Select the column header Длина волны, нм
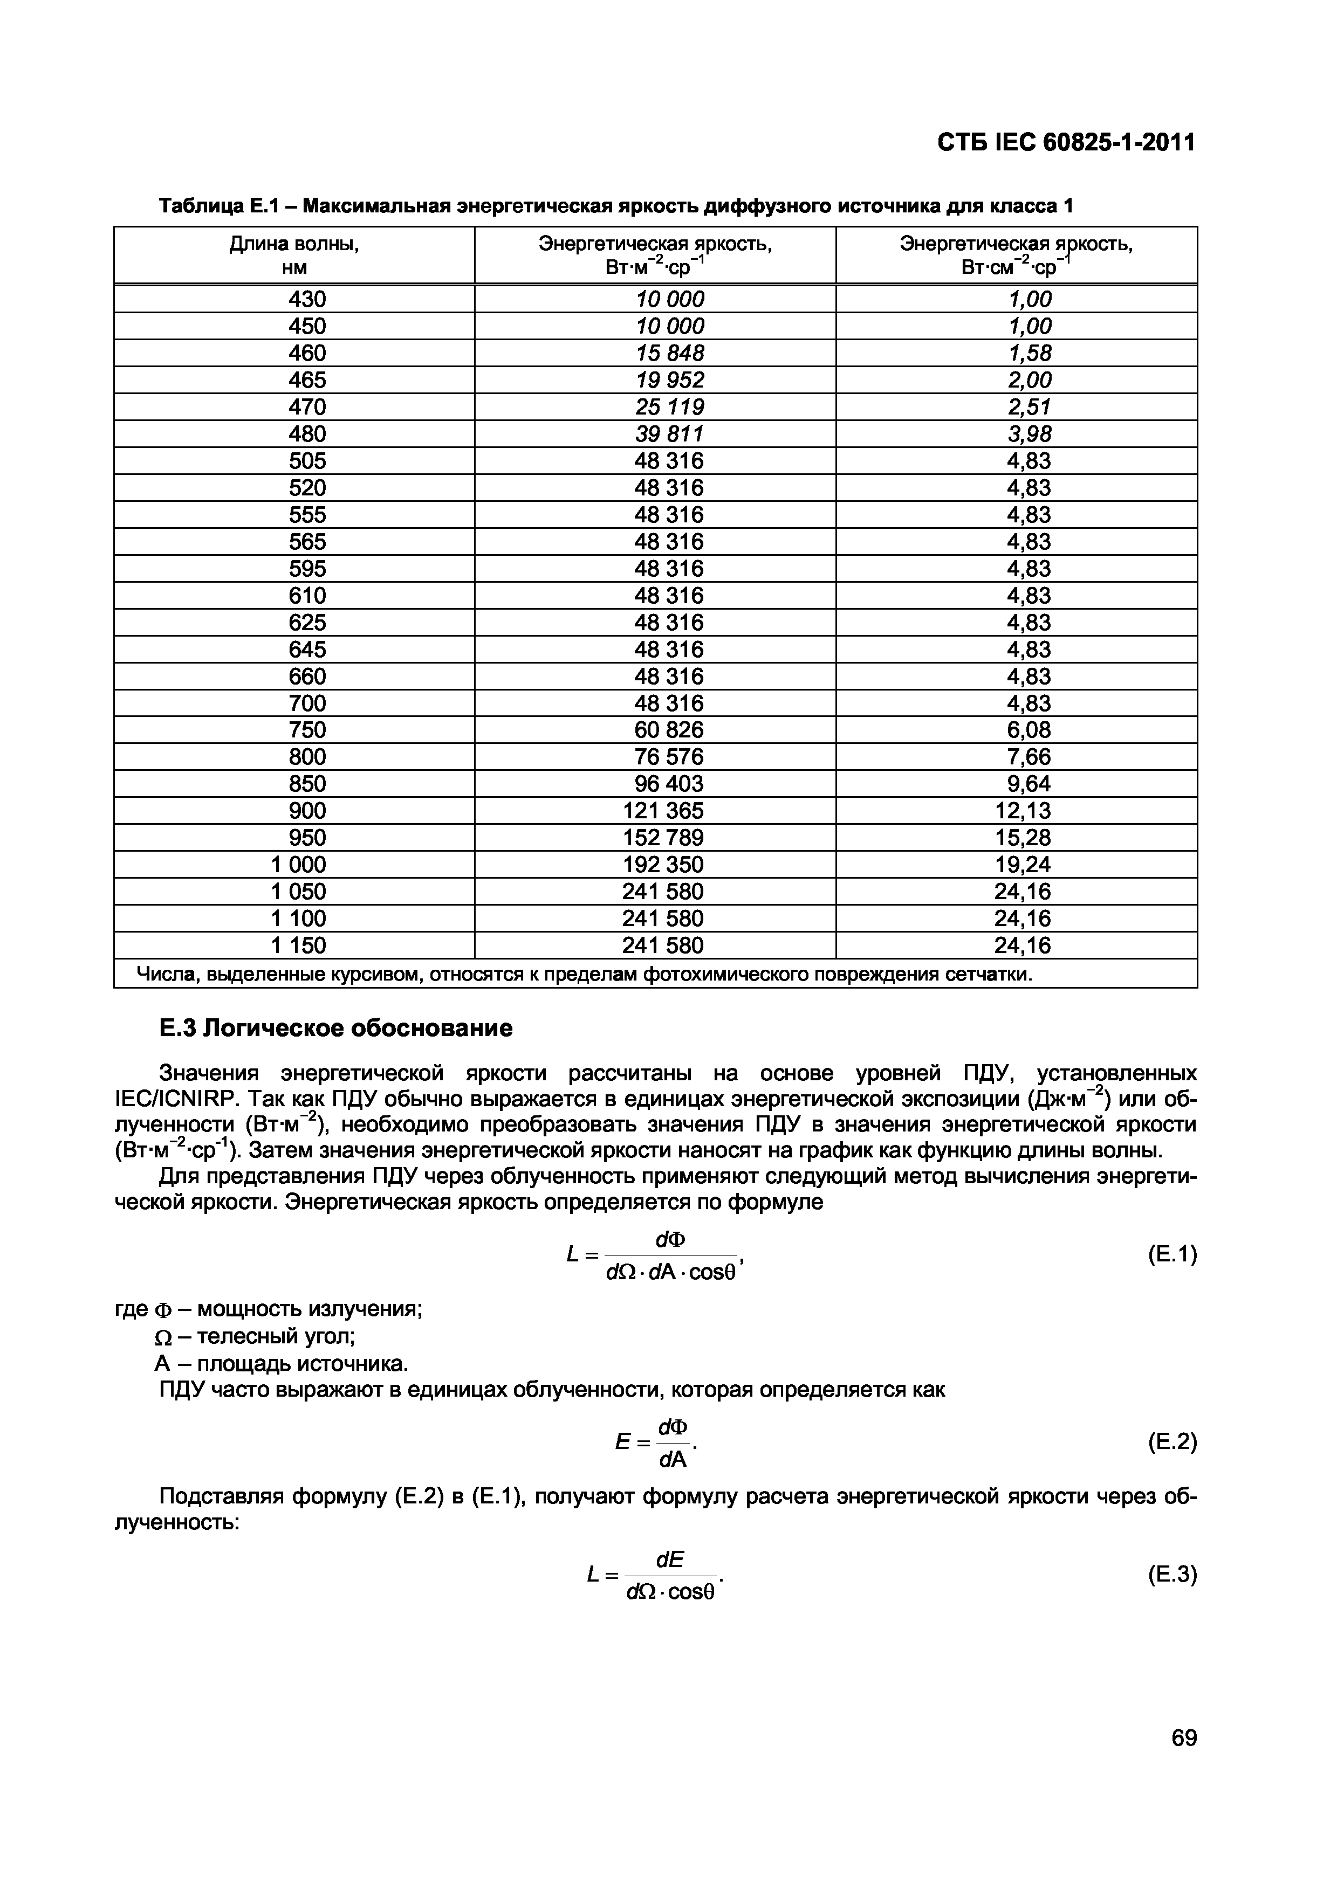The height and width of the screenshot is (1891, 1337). pyautogui.click(x=294, y=256)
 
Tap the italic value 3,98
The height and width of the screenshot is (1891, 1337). pyautogui.click(x=1029, y=433)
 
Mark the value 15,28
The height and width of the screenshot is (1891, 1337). pyautogui.click(x=1023, y=838)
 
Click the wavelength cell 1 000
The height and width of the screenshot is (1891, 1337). pyautogui.click(x=298, y=864)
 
